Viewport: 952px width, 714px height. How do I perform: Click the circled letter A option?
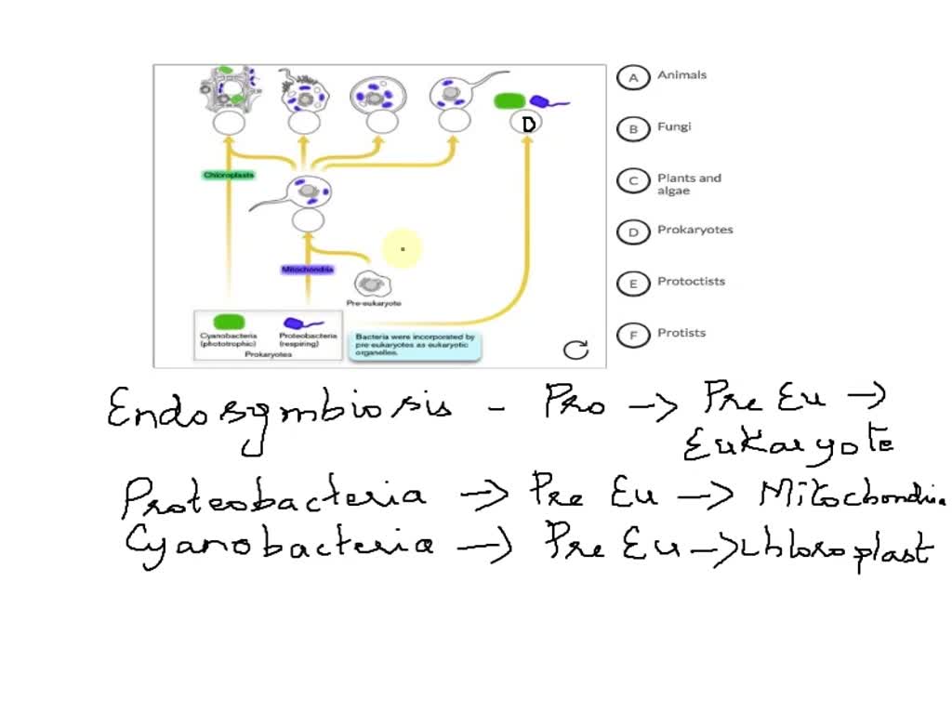pyautogui.click(x=633, y=78)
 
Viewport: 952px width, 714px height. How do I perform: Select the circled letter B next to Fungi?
pyautogui.click(x=633, y=129)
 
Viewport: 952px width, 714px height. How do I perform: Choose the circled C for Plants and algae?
pyautogui.click(x=633, y=181)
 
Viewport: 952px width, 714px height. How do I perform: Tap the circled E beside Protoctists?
pyautogui.click(x=633, y=284)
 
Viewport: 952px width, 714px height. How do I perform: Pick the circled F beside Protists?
pyautogui.click(x=633, y=335)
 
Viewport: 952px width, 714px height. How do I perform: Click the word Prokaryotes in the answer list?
pyautogui.click(x=694, y=230)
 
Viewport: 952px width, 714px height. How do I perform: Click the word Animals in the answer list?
pyautogui.click(x=681, y=75)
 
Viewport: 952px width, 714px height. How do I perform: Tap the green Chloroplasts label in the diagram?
pyautogui.click(x=229, y=175)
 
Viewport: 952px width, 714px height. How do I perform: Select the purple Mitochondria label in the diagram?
pyautogui.click(x=308, y=270)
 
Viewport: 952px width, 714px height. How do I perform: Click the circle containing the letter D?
pyautogui.click(x=527, y=124)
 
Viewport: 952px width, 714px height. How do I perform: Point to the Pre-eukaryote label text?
pyautogui.click(x=374, y=303)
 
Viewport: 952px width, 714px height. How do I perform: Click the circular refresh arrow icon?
pyautogui.click(x=576, y=350)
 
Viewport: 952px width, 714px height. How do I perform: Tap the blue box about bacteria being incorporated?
pyautogui.click(x=415, y=345)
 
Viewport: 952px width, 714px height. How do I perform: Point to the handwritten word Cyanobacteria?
pyautogui.click(x=279, y=542)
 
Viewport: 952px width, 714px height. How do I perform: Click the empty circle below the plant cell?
pyautogui.click(x=229, y=124)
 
